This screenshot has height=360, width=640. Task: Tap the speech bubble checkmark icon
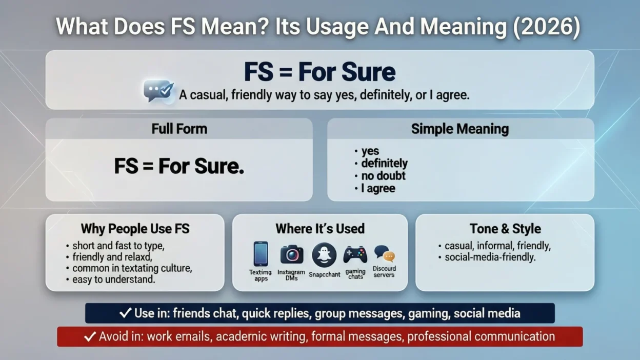pos(158,91)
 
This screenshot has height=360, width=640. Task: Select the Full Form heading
pos(179,128)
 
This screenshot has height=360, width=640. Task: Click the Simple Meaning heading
pos(459,128)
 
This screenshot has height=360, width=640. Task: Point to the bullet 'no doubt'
pos(383,176)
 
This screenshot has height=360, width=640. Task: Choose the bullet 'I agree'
pos(377,189)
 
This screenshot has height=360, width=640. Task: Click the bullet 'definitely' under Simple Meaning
pos(384,164)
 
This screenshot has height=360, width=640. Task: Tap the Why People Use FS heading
pos(135,229)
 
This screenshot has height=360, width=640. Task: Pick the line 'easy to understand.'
pos(113,279)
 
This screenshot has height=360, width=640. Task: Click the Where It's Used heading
pos(320,229)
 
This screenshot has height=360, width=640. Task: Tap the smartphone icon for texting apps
pos(261,254)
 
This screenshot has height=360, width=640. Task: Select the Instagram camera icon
pos(292,254)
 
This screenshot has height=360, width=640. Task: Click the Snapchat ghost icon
pos(324,254)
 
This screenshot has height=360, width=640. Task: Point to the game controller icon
pos(355,254)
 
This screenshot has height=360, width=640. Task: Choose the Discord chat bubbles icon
pos(384,253)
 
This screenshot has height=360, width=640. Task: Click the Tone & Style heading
pos(505,229)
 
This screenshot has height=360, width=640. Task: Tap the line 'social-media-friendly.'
pos(489,257)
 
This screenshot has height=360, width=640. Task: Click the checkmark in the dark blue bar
pos(125,313)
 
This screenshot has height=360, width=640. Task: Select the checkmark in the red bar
pos(90,336)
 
